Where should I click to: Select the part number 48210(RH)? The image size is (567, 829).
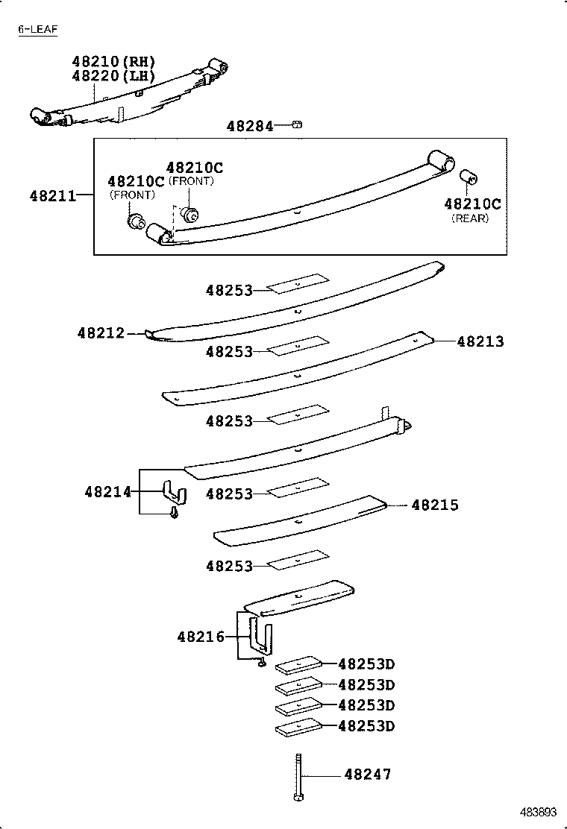point(113,62)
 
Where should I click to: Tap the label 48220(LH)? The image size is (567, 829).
point(113,75)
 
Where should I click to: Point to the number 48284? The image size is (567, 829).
point(250,127)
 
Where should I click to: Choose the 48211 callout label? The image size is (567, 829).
point(53,196)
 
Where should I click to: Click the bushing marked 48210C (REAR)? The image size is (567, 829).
point(470,178)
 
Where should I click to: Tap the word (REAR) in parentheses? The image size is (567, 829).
point(469,218)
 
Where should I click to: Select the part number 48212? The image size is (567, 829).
point(101,333)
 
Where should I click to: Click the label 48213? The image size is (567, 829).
point(480,341)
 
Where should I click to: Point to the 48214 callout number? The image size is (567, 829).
point(108,492)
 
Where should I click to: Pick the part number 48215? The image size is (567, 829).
point(435,505)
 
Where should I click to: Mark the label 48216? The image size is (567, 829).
point(201,637)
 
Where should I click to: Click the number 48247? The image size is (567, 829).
point(367,775)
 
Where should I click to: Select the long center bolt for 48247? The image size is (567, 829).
point(298,776)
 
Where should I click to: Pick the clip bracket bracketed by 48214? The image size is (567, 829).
point(175,492)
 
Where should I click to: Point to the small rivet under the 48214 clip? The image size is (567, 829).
point(175,513)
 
